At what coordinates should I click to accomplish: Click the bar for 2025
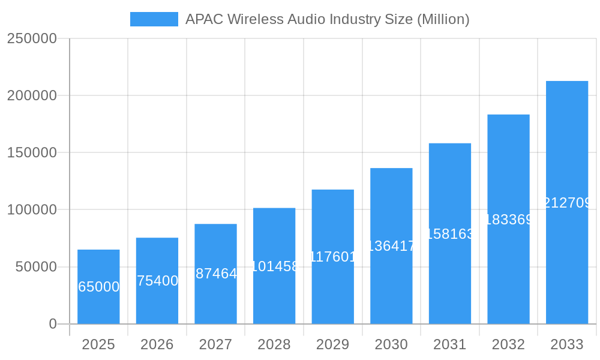tap(98, 287)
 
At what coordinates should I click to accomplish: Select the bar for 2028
tap(274, 266)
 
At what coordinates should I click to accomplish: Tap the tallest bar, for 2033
tap(567, 202)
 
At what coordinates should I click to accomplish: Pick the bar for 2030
tap(391, 246)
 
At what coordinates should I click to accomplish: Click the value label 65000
tap(99, 287)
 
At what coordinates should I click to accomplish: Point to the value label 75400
tap(157, 281)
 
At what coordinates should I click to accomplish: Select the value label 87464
tap(216, 274)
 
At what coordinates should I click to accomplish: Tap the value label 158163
tap(450, 234)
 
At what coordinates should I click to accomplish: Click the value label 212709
tap(568, 203)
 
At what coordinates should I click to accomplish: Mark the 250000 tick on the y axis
tap(32, 38)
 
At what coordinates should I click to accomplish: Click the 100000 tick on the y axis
tap(32, 210)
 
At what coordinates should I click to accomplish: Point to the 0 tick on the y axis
tap(53, 324)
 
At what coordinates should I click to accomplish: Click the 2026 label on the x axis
tap(157, 344)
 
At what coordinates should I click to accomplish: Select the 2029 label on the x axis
tap(332, 344)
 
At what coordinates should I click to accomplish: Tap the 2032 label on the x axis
tap(508, 344)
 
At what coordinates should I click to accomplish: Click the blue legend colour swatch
tap(154, 19)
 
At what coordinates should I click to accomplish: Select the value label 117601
tap(333, 257)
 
